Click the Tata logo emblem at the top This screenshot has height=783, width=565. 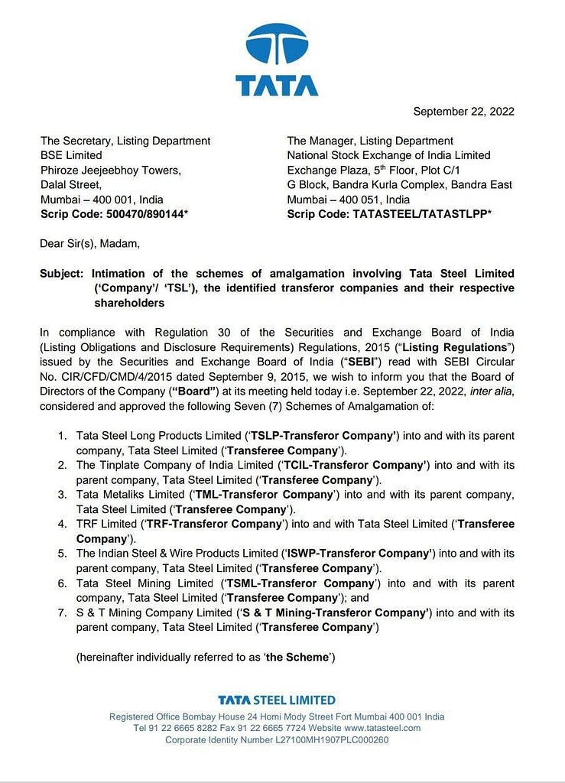tap(276, 45)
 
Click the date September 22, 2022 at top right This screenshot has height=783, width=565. tap(463, 112)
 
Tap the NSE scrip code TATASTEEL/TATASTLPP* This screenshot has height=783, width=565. tap(422, 214)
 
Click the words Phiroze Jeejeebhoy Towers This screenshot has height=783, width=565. tap(110, 170)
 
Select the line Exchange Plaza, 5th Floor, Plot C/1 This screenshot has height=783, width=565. tap(384, 170)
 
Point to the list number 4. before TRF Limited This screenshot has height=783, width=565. tap(63, 524)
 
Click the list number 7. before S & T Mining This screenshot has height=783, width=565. tap(63, 612)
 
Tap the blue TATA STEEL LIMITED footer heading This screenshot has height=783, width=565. tap(276, 700)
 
